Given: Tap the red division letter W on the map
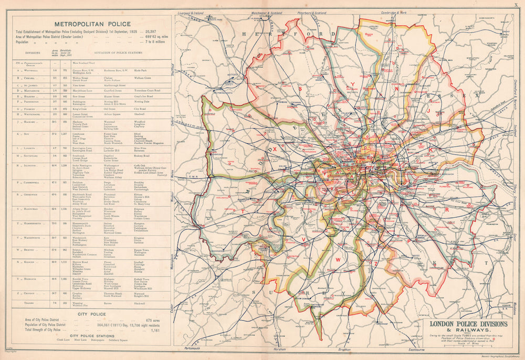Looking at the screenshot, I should (339, 259).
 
